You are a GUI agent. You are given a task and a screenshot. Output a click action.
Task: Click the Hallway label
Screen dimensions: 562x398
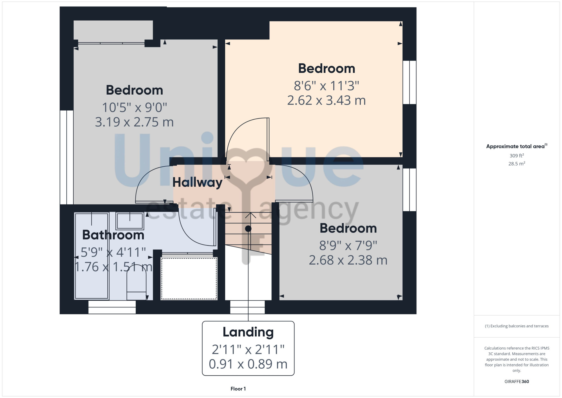tap(197, 182)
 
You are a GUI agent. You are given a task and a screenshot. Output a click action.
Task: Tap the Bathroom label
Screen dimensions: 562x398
tap(113, 235)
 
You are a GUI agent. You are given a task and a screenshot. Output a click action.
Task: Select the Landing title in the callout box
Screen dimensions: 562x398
tap(248, 332)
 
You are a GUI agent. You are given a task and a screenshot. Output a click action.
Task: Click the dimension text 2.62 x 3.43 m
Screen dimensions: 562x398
tap(327, 100)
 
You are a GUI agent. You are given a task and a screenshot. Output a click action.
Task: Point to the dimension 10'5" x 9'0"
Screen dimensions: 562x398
tap(134, 107)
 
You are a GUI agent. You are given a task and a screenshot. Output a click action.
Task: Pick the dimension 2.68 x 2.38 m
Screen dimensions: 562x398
tap(348, 260)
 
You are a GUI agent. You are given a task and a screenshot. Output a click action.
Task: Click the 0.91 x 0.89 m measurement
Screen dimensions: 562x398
tap(248, 364)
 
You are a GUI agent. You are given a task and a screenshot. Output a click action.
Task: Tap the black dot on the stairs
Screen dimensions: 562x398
tap(248, 229)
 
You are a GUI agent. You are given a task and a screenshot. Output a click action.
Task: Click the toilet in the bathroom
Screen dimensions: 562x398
tap(137, 282)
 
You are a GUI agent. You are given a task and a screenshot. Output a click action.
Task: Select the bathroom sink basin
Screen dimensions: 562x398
tap(130, 221)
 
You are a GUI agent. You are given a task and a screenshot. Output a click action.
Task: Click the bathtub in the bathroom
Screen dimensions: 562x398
tap(92, 256)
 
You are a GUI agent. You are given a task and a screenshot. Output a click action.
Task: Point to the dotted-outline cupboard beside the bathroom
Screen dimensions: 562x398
tap(189, 278)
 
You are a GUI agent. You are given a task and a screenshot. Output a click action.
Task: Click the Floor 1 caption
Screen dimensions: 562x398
tap(238, 389)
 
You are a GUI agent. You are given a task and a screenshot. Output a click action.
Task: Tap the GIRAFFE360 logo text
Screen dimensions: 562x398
tap(516, 382)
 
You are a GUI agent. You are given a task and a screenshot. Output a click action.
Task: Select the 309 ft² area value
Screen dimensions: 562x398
tap(516, 156)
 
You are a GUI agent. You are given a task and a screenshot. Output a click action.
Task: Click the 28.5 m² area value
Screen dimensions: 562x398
tap(516, 164)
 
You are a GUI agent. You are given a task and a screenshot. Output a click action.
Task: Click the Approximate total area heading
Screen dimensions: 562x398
tap(516, 146)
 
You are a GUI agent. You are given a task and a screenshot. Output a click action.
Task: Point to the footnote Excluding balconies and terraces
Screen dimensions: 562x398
tap(516, 326)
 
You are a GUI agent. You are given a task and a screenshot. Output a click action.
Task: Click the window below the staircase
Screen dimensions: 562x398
tap(247, 307)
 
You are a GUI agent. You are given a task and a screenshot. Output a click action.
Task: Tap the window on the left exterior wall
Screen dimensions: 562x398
tap(67, 157)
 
